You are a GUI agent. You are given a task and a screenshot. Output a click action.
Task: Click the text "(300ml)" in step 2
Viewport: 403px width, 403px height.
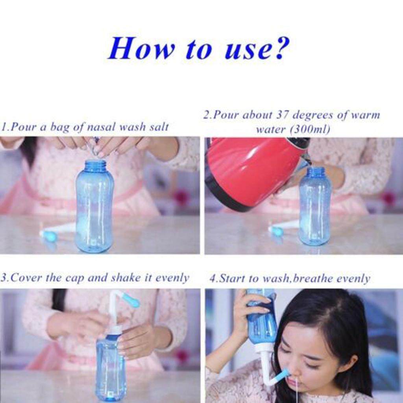pos(311,129)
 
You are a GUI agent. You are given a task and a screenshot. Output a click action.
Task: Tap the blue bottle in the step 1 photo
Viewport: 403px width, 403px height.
pos(94,209)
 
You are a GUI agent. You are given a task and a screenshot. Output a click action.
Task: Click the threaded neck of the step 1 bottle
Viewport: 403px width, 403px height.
pos(95,166)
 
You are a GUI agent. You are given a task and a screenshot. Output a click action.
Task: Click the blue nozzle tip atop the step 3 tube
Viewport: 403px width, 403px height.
pos(131,301)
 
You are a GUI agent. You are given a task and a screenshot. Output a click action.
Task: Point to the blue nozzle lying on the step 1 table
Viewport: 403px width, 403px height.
pos(49,236)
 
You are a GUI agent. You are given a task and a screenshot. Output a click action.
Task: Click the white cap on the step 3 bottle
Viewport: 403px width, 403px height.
pos(114,330)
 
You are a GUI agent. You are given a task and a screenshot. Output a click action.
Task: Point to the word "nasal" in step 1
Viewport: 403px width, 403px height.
pos(103,127)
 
